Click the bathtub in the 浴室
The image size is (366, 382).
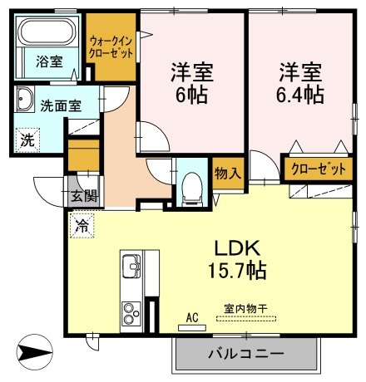(47, 32)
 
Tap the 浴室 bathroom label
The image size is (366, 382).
(49, 61)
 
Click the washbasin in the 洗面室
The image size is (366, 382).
(24, 99)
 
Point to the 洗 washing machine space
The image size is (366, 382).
(27, 140)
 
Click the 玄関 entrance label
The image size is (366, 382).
(85, 196)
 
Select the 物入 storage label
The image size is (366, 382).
(228, 174)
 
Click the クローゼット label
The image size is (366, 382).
(319, 169)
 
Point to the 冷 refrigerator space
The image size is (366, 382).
(82, 226)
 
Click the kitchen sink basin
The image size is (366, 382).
(131, 266)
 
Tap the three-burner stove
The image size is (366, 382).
(131, 314)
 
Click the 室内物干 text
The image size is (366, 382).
(245, 309)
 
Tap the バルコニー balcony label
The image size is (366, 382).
(246, 354)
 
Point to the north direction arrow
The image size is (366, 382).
(35, 353)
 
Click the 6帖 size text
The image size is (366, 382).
(191, 95)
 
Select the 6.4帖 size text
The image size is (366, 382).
(299, 95)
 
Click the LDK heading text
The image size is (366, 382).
(238, 248)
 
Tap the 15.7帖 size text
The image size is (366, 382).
(237, 270)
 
